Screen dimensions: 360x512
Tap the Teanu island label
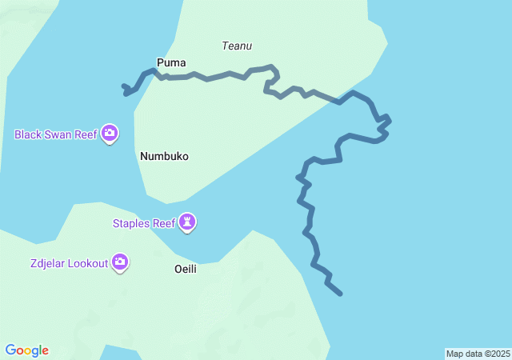pos(237,46)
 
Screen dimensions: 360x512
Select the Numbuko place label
pos(164,157)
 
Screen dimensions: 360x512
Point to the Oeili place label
pos(186,270)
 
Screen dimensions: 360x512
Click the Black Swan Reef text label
pos(55,134)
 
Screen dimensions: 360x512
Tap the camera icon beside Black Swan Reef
pos(110,133)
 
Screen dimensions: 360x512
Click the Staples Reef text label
pos(142,223)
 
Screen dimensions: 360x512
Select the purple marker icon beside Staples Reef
pos(187,222)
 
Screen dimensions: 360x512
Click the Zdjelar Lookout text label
pos(69,263)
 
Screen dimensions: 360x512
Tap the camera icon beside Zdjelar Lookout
pos(120,262)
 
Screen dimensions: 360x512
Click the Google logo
pos(27,350)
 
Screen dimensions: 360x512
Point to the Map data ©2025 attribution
pos(478,354)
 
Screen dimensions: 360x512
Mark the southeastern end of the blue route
pos(341,294)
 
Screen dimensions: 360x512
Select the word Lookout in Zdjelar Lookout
pos(88,263)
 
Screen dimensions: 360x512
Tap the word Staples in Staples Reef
pos(130,223)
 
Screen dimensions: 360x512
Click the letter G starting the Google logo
pos(10,350)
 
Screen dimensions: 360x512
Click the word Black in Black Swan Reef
pos(28,134)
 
